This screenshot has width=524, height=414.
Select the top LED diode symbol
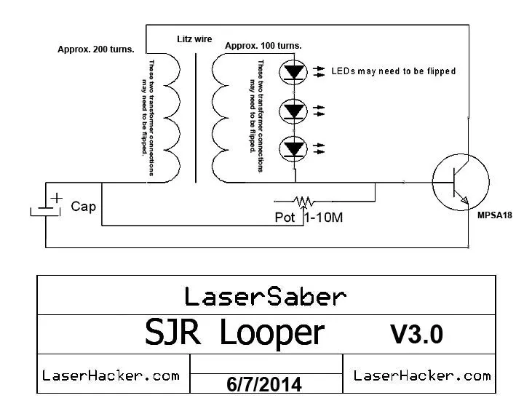click(x=294, y=72)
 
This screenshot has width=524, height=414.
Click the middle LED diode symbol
click(x=294, y=111)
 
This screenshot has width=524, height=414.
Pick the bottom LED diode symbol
click(x=294, y=148)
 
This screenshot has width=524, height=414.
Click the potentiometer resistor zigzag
click(x=302, y=200)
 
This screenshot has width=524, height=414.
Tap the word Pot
click(x=286, y=218)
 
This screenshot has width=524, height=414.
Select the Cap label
click(x=84, y=207)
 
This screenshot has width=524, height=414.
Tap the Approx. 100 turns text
click(x=263, y=46)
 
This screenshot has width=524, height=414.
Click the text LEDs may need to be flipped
click(x=393, y=71)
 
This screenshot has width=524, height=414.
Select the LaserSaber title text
click(x=265, y=296)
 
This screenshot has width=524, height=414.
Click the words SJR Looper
click(x=234, y=333)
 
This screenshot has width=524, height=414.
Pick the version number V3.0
click(x=416, y=334)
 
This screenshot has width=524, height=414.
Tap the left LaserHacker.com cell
click(x=111, y=375)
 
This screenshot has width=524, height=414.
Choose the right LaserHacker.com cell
click(x=421, y=375)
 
